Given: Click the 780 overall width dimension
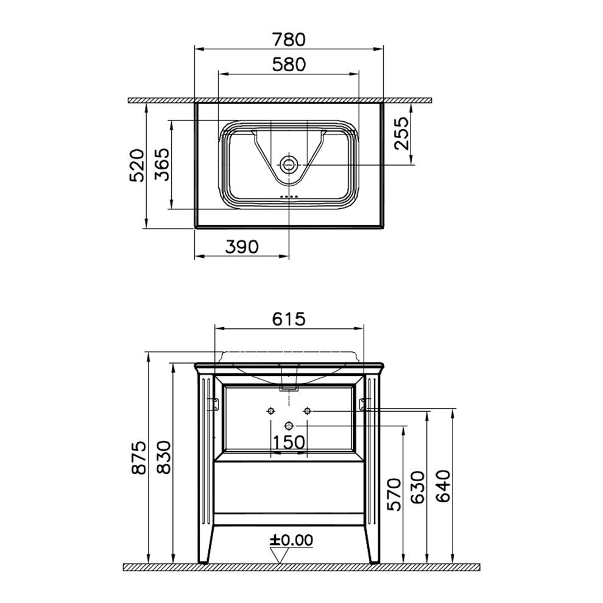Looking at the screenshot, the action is coord(289,39).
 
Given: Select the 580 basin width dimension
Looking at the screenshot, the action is coord(289,64).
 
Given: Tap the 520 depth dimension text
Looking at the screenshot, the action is coord(136,165).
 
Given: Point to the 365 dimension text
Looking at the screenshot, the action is coord(161,164).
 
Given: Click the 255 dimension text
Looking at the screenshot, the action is coord(402,133).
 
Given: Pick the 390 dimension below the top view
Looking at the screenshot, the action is coord(242,247).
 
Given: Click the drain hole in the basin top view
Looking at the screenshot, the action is coord(289,165).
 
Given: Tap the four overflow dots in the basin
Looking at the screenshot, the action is coord(289,197).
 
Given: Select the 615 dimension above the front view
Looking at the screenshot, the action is coord(289,319).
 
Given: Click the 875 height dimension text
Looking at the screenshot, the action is coord(138,457).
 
